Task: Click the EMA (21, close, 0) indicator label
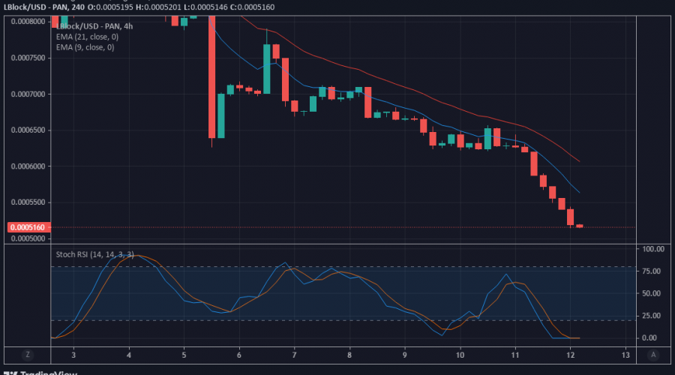pos(85,36)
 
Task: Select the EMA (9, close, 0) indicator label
pos(84,47)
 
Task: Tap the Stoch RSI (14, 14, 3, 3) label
pos(94,254)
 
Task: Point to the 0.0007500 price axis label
pos(28,58)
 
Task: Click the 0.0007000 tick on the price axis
pos(28,94)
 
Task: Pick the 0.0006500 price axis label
pos(28,130)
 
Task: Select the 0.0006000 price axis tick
pos(28,166)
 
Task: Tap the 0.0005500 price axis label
pos(28,203)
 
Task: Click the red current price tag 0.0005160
pos(28,227)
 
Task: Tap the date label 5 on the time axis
pos(184,353)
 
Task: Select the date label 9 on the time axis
pos(405,353)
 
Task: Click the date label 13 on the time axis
pos(625,353)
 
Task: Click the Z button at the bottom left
pos(28,354)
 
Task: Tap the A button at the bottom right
pos(653,354)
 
